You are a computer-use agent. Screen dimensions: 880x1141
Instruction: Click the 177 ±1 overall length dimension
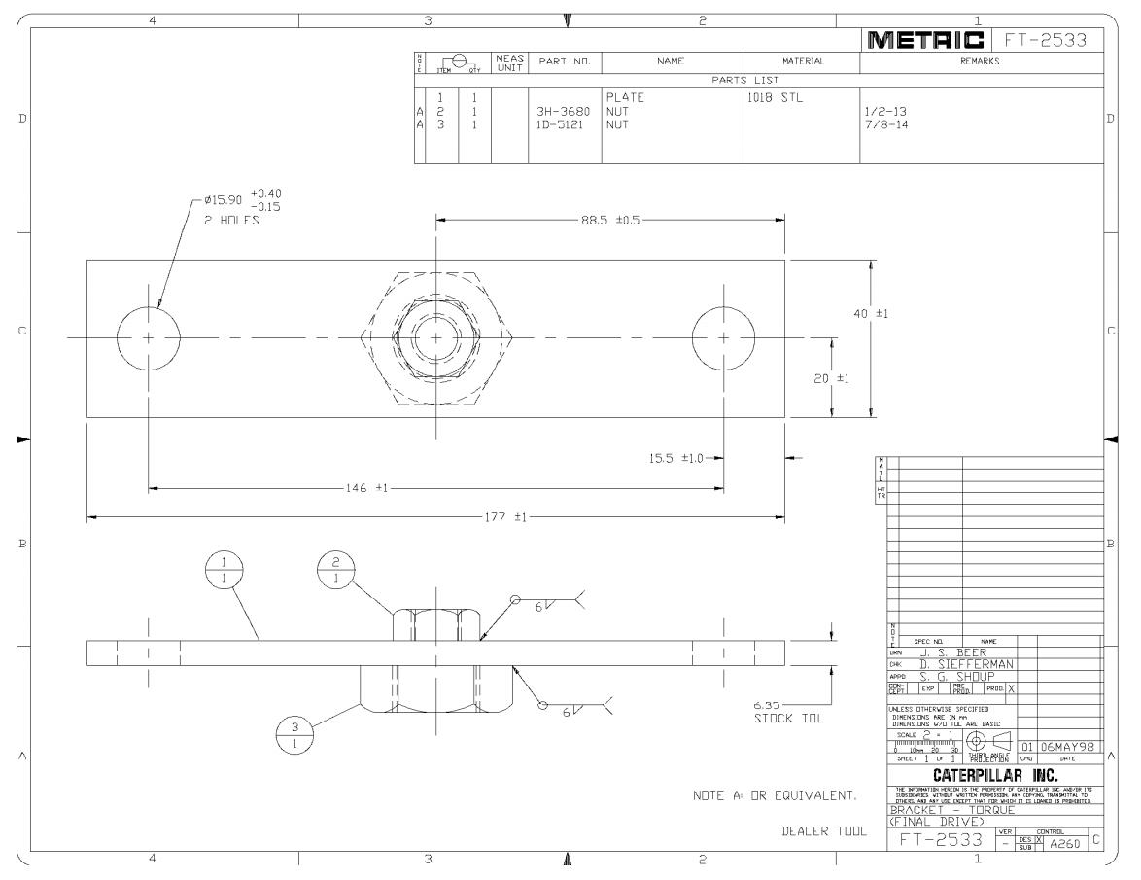click(505, 517)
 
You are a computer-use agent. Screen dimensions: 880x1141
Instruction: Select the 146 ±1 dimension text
click(366, 487)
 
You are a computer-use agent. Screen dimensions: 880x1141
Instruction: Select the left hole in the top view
click(148, 337)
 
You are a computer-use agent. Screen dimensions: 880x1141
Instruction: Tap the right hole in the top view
click(723, 337)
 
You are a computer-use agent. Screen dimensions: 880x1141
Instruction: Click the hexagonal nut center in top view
click(435, 337)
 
